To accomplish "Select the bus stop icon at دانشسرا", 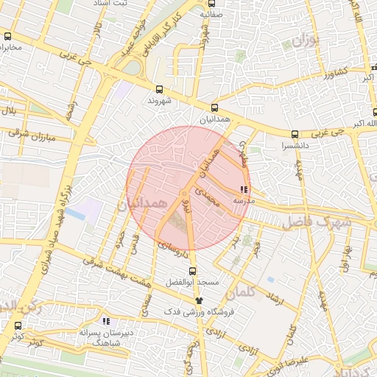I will click(295, 134).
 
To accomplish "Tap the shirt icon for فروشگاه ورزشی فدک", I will click(198, 300).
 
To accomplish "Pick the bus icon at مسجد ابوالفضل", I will click(193, 270).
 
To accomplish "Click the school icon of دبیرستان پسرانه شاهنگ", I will click(106, 321).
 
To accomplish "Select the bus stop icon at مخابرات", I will click(8, 36).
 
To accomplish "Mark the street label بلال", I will click(10, 110).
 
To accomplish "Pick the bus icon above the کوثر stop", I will click(18, 325).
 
